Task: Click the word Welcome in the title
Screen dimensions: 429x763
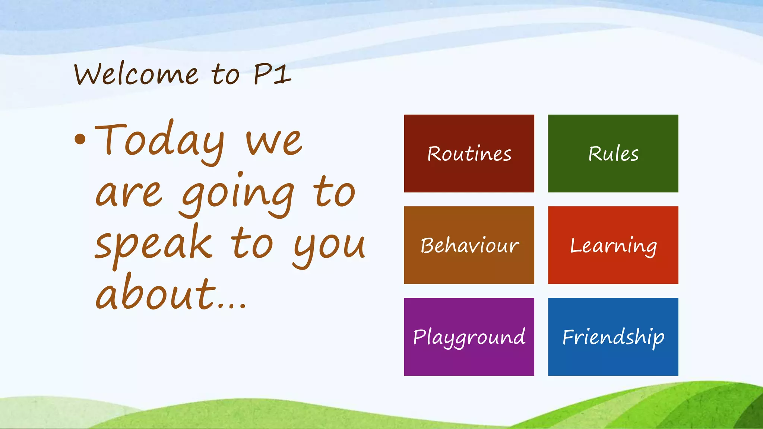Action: click(x=136, y=74)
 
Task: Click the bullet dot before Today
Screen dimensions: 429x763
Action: click(x=80, y=140)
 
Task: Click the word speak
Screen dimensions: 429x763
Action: click(x=153, y=244)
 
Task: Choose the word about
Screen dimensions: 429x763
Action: click(x=156, y=294)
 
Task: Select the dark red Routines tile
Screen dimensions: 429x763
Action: click(x=469, y=153)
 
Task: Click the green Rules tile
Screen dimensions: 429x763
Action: click(x=613, y=153)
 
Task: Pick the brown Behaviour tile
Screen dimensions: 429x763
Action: click(x=469, y=245)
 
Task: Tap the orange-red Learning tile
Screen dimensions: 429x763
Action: click(x=613, y=245)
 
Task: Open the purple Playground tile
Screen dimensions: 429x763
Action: click(x=469, y=337)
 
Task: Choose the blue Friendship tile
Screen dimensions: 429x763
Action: click(x=613, y=337)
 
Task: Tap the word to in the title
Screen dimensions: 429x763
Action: click(x=225, y=74)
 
